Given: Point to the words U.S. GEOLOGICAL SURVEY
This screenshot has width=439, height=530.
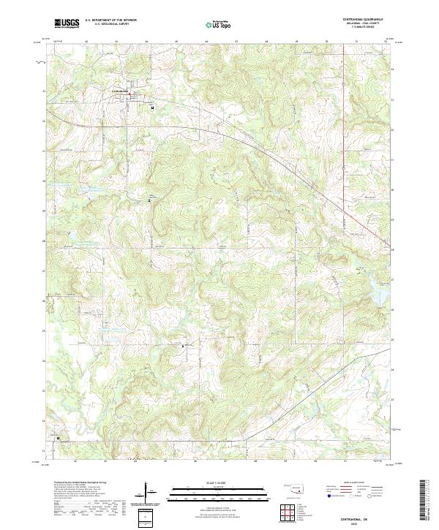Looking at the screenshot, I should [110, 24].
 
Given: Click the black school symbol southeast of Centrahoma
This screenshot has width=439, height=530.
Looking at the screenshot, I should [152, 107].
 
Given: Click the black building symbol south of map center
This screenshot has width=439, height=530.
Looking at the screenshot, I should [183, 344].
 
